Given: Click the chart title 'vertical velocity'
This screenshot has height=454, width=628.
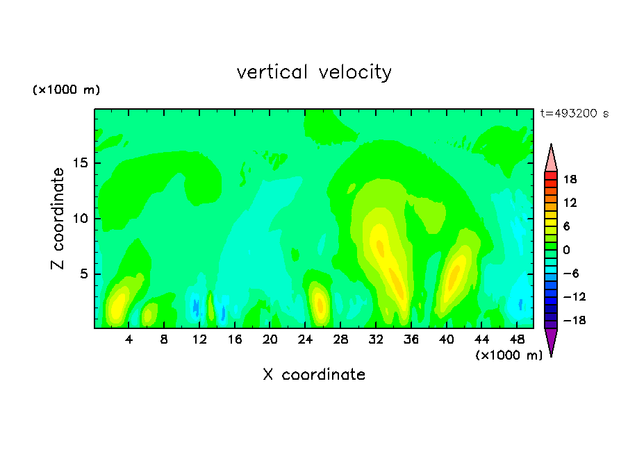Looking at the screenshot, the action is [314, 72].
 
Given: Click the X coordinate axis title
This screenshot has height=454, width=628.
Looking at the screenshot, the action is [314, 374].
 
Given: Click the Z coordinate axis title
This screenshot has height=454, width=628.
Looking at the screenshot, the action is [58, 219].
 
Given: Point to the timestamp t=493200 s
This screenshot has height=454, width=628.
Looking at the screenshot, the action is [575, 113].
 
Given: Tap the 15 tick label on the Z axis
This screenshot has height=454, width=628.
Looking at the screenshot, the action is [81, 163].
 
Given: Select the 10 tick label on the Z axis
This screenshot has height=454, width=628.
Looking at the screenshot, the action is [81, 219].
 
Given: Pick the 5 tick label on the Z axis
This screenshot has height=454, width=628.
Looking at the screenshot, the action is [83, 274].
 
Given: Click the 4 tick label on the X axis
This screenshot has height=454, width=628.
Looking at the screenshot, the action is [129, 339].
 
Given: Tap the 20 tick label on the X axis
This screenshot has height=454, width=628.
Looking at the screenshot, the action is [270, 339].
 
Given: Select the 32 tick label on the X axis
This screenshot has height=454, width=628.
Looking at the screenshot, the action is [376, 339].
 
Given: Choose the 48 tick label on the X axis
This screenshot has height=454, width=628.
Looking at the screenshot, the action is [517, 339].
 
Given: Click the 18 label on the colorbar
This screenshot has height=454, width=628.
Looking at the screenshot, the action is [570, 179].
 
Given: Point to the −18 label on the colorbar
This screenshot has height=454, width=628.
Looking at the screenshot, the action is [575, 320].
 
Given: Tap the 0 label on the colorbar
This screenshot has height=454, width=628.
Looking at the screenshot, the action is [566, 250].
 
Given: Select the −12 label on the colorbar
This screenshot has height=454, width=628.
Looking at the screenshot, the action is [575, 296].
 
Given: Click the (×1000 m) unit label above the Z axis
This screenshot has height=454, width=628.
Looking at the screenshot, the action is [66, 90].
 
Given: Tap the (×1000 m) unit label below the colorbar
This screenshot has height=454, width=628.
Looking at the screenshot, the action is [509, 355].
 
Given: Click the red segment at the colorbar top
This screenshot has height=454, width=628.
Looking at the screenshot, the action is [551, 176].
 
